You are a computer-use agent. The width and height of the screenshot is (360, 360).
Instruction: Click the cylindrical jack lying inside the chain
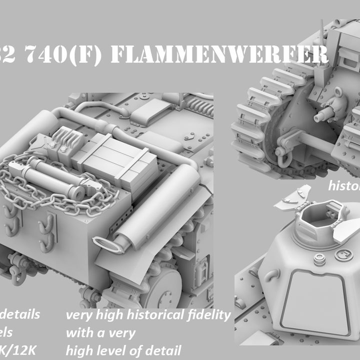(x=50, y=178)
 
